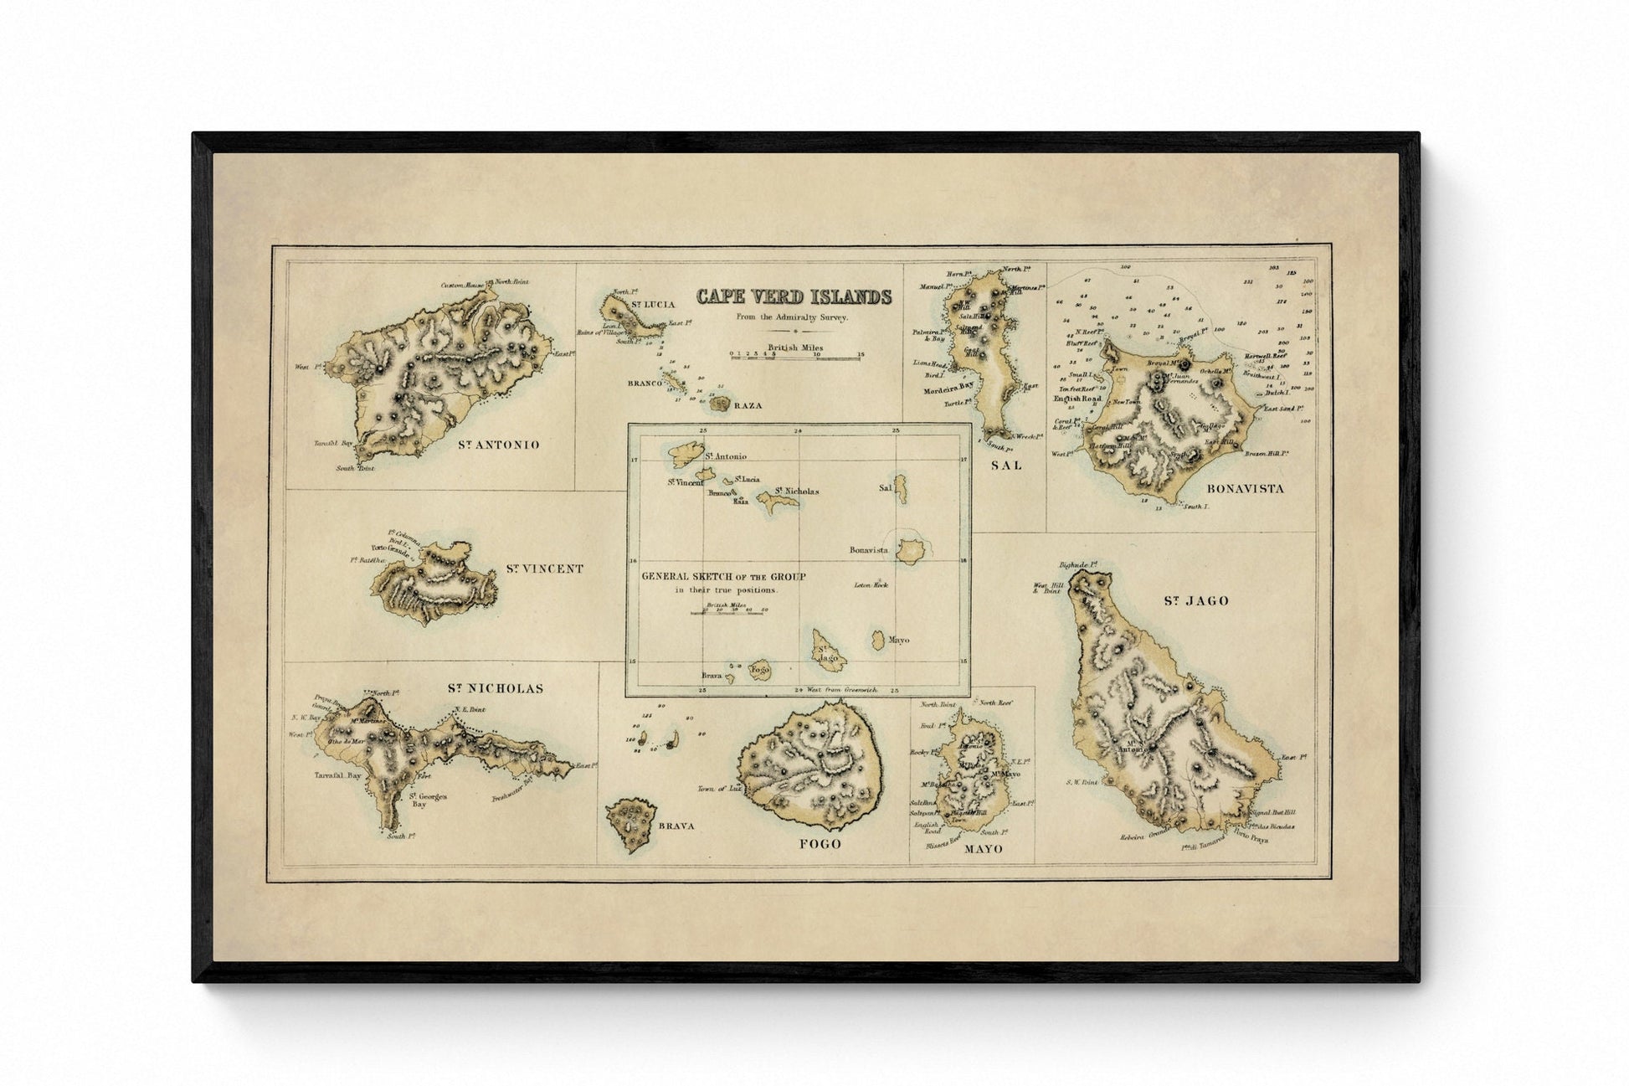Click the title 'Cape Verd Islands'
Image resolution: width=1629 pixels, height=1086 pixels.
[x=794, y=296]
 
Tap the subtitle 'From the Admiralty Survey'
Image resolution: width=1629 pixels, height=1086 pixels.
[x=792, y=317]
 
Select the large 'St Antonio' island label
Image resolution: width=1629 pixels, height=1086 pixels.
[x=499, y=445]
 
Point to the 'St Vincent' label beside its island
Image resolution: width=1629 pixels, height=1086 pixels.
[x=544, y=569]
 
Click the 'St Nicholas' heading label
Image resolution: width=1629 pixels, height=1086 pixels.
[x=495, y=689]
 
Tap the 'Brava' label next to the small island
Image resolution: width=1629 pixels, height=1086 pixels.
[x=676, y=826]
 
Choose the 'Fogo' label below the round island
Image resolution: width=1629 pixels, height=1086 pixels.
[x=820, y=844]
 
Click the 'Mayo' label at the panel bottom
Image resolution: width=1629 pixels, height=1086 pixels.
[x=983, y=849]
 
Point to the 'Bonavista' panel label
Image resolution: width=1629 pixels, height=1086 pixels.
[x=1245, y=488]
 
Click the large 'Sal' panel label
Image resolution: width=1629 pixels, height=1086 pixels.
[x=1006, y=465]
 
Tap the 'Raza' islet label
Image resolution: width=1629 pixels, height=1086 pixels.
[x=748, y=405]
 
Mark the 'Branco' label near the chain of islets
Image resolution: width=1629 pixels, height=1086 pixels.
[x=645, y=383]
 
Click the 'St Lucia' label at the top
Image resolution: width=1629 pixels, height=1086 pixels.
[x=653, y=304]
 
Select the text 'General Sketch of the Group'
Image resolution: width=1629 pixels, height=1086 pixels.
[x=723, y=576]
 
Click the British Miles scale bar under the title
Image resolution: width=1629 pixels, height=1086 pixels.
[x=795, y=355]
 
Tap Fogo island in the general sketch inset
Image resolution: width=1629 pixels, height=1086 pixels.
[x=759, y=670]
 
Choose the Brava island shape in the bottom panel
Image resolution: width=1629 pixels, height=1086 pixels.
[x=630, y=823]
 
